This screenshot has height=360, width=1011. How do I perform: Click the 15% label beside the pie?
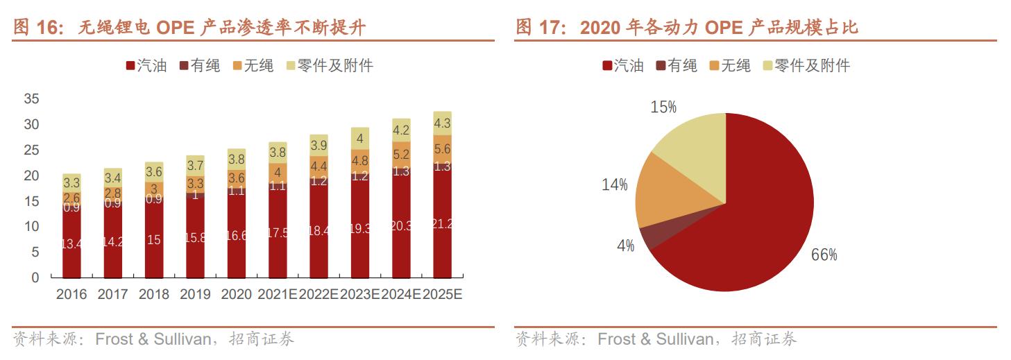coord(663,107)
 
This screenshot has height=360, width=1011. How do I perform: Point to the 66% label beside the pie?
coord(824,255)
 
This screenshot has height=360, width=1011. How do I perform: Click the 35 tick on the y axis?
coord(31,99)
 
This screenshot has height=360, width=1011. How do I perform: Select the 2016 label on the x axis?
coord(71,294)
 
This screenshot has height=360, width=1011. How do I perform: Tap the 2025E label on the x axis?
coord(442,294)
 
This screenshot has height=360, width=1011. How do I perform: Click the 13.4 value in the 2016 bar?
coord(71,243)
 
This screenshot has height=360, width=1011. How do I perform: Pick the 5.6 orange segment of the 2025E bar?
coord(442,148)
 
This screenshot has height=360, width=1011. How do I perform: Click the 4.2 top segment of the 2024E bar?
coord(401,130)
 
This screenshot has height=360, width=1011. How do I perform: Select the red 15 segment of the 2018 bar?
coord(154,239)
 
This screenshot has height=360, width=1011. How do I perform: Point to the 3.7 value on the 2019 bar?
coord(195,166)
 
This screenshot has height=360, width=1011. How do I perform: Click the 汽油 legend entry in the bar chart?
coord(146,66)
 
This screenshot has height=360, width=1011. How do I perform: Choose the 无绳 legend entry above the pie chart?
coord(730,66)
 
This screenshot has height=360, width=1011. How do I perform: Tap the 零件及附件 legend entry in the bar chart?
coord(330,66)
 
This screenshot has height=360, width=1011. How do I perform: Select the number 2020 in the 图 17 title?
coord(600,27)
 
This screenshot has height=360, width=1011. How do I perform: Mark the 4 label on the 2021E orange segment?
coord(278,172)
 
